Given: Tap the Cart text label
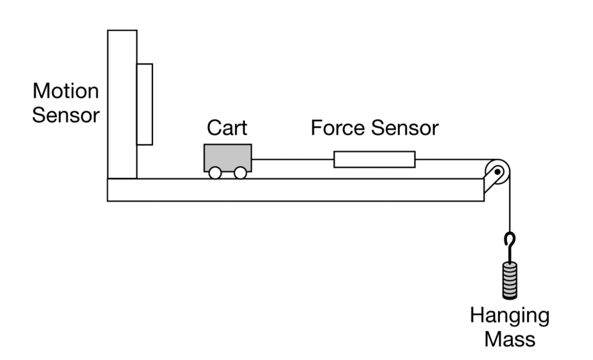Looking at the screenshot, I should click(227, 128).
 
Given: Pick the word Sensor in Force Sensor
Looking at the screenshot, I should click(406, 128).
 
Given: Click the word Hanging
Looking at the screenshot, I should click(509, 316).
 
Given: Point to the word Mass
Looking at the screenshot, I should click(509, 339).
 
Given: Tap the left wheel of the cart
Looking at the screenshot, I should click(215, 173).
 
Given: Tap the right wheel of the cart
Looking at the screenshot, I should click(240, 173).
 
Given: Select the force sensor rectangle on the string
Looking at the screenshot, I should click(375, 159).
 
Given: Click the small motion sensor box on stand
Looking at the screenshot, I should click(145, 104).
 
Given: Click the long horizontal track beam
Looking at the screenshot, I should click(295, 190).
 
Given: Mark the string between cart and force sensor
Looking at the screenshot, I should click(292, 159).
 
